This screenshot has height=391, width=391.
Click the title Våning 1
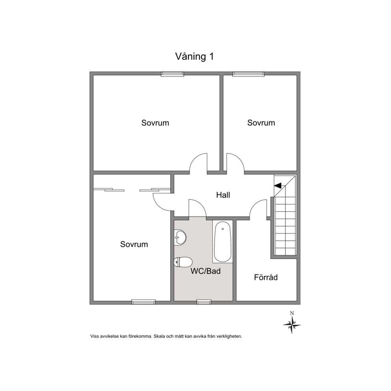tap(194, 57)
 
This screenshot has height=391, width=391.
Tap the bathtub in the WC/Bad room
tap(223, 242)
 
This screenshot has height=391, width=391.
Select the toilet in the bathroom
tap(183, 262)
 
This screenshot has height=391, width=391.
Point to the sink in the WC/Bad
tap(180, 237)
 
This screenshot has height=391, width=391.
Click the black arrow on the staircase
tap(277, 186)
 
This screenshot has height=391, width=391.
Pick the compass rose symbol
tap(292, 325)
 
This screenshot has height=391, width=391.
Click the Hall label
tap(223, 195)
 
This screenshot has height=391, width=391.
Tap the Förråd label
tap(266, 277)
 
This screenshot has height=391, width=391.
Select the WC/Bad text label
tap(206, 271)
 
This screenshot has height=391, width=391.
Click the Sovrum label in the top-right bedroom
tap(261, 123)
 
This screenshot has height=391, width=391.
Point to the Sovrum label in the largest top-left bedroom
tap(155, 123)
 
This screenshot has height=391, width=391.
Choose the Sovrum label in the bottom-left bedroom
tap(134, 244)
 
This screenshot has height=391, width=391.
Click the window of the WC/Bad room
tap(204, 302)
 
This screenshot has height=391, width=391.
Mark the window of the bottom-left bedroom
tap(143, 302)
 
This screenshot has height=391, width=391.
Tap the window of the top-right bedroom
tap(248, 74)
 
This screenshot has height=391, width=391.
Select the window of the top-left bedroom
tap(172, 74)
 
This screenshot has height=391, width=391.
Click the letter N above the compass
tap(292, 313)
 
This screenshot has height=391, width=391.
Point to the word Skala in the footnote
tap(159, 336)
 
